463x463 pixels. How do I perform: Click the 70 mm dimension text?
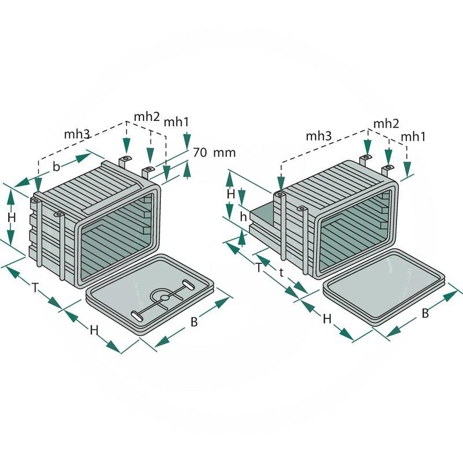pos(215,153)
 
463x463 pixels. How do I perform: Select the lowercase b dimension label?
pos(56,166)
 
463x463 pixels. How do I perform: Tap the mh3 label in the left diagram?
pos(76,134)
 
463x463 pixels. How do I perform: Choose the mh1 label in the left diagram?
pos(176,122)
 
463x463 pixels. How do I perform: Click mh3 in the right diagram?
pos(319,136)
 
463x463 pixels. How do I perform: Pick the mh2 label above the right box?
pos(387,123)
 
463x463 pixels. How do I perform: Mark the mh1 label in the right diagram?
pos(414,137)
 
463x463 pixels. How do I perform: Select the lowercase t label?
pos(281,273)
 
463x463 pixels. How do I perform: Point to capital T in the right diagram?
pos(259,267)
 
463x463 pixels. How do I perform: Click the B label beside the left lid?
pos(194,322)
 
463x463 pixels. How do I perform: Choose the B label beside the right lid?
pos(425,313)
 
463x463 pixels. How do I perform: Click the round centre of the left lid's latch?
pos(164,297)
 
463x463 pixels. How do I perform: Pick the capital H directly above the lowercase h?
pos(230,194)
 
